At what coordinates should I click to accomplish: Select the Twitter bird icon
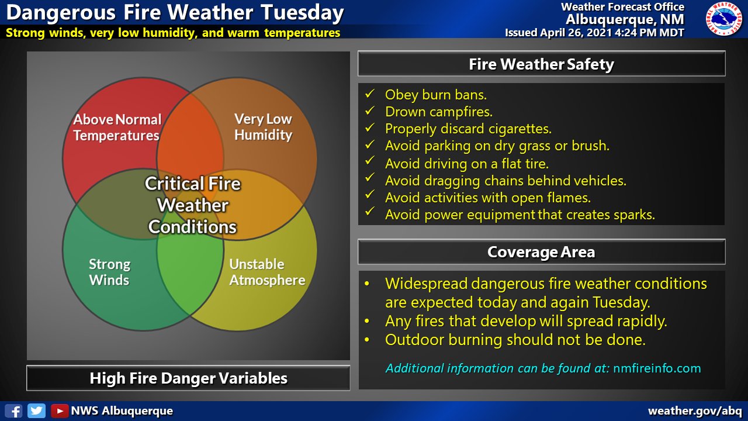click(36, 410)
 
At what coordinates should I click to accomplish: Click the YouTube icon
click(59, 410)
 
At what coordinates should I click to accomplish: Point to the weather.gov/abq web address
click(695, 410)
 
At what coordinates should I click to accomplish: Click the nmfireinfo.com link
click(657, 368)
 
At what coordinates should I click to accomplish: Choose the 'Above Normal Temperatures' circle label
click(116, 127)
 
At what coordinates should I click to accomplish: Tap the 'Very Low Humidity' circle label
click(263, 127)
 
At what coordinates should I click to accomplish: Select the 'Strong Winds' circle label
click(109, 272)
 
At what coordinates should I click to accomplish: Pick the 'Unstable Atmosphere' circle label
click(267, 272)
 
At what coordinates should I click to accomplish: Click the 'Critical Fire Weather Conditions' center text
click(192, 205)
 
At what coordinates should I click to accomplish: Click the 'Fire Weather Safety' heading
click(541, 64)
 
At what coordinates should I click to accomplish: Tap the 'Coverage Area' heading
click(541, 252)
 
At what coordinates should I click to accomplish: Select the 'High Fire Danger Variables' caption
click(188, 378)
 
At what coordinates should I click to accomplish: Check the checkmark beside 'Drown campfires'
click(369, 111)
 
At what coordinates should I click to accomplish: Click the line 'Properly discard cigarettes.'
click(467, 129)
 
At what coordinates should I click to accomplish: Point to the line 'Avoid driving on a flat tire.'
click(466, 163)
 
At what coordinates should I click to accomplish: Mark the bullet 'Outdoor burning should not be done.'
click(515, 339)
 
